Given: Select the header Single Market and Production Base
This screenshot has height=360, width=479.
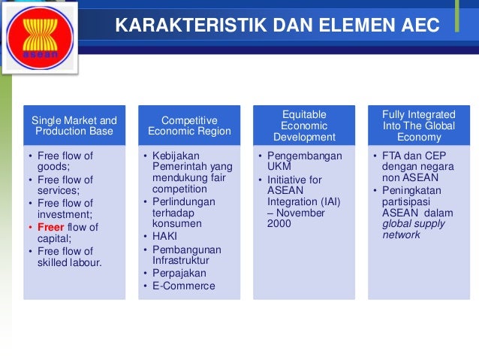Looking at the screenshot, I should (x=74, y=126).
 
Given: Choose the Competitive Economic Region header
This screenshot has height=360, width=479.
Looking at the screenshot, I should (x=189, y=126).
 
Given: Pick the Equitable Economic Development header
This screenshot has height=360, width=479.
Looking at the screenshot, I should (x=304, y=126).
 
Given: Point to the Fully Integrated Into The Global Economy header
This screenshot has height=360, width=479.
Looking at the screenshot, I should (x=419, y=126).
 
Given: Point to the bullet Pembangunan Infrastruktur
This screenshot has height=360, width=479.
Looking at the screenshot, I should (x=184, y=254).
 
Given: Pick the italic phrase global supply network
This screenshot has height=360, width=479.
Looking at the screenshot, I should (x=414, y=229).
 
